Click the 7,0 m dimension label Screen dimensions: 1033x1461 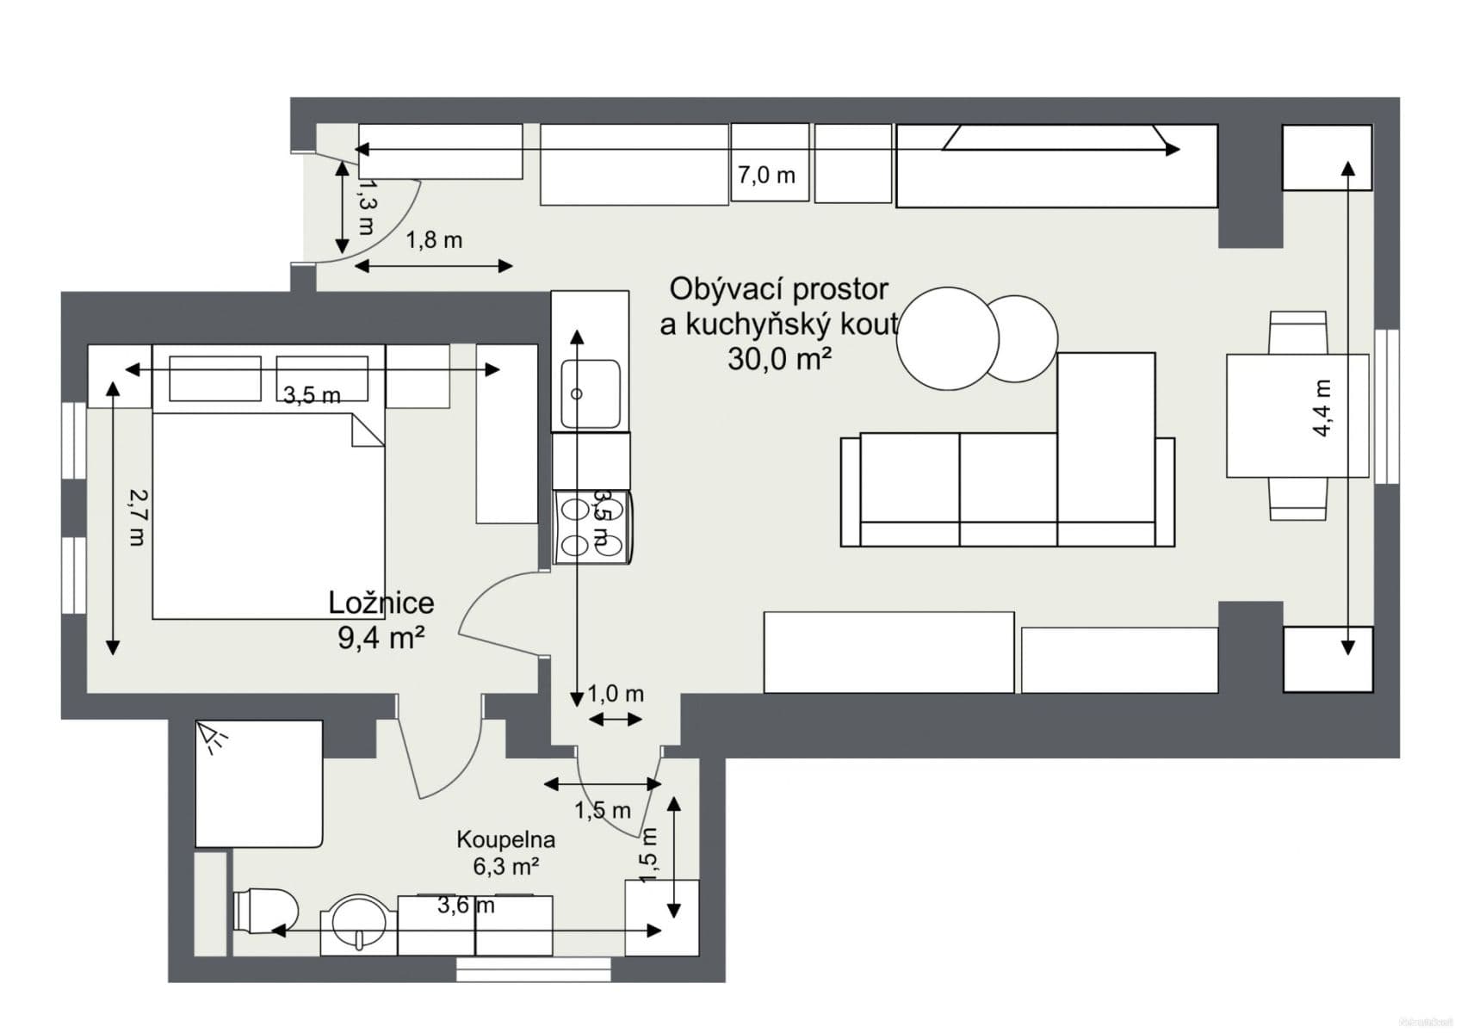click(766, 176)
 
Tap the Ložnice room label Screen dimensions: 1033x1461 click(381, 603)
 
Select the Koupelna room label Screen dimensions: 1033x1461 click(505, 839)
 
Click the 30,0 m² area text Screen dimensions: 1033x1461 click(779, 359)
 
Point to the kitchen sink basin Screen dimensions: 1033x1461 click(591, 393)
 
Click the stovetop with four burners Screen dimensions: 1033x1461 click(592, 528)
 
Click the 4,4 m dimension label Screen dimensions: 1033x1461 click(1323, 407)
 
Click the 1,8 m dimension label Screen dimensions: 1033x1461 click(434, 240)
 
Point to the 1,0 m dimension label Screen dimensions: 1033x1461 click(616, 694)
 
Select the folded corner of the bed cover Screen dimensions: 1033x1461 click(368, 430)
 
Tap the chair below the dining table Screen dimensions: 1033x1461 click(1298, 498)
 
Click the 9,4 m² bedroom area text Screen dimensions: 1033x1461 click(381, 638)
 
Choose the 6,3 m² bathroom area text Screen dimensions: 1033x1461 click(505, 867)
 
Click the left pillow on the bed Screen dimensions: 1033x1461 click(215, 379)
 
